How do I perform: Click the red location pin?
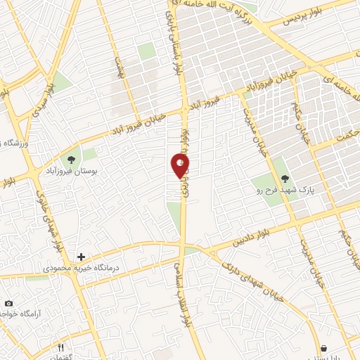point(180,166)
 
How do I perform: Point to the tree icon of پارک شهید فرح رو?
point(284,179)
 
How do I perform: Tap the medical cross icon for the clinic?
point(82,257)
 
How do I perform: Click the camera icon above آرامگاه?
point(8,303)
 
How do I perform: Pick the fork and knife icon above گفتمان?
point(61,347)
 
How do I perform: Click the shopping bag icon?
point(323,347)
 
